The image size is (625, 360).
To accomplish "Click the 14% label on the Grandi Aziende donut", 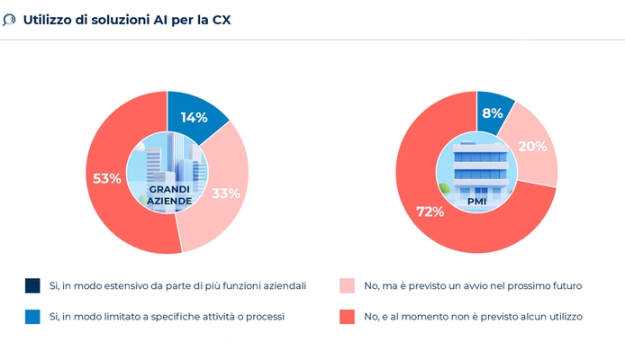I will pos(194,117).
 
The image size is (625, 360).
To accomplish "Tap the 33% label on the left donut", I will pos(225,193).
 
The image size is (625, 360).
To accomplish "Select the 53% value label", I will pos(107,178).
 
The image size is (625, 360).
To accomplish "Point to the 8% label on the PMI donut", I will pos(493,113).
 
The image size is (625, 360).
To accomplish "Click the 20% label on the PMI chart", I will pos(533,147).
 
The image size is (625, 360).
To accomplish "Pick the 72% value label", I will pos(430,211).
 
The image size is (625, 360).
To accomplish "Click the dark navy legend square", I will pos(32,285).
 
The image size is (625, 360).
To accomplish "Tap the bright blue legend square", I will pos(32,316).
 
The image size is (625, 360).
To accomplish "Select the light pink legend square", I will pos(347,285).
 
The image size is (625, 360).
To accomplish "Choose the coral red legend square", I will pos(347,316).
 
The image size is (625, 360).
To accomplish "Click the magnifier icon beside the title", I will pos(9,19).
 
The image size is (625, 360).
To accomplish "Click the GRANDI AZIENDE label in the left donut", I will pos(168,196).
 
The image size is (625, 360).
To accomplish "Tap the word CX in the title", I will pos(220,19).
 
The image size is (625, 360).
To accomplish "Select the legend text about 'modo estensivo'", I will pos(178,285).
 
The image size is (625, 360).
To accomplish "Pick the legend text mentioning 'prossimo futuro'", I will pos(474,285).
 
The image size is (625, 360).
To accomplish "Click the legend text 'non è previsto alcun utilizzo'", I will pos(474,316).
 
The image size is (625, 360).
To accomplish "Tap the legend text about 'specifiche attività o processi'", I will pos(167,316).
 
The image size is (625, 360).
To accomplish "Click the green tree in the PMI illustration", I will pos(444,187).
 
